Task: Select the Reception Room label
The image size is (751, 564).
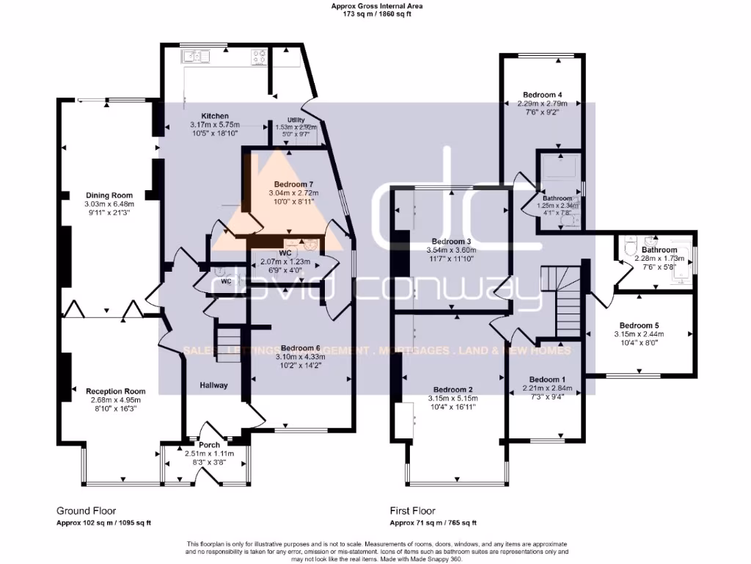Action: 115,391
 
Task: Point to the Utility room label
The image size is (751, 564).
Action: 285,120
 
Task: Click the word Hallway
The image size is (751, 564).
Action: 213,386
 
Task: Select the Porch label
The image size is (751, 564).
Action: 209,445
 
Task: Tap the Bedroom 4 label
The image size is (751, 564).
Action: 543,95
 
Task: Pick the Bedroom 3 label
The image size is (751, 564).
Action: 451,242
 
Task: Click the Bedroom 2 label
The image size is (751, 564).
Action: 453,389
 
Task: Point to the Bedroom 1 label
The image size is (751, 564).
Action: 542,379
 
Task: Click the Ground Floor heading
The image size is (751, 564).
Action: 86,510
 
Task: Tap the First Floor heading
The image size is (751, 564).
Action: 412,510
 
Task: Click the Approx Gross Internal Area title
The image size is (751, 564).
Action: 377,6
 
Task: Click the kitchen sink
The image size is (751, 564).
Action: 197,55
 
